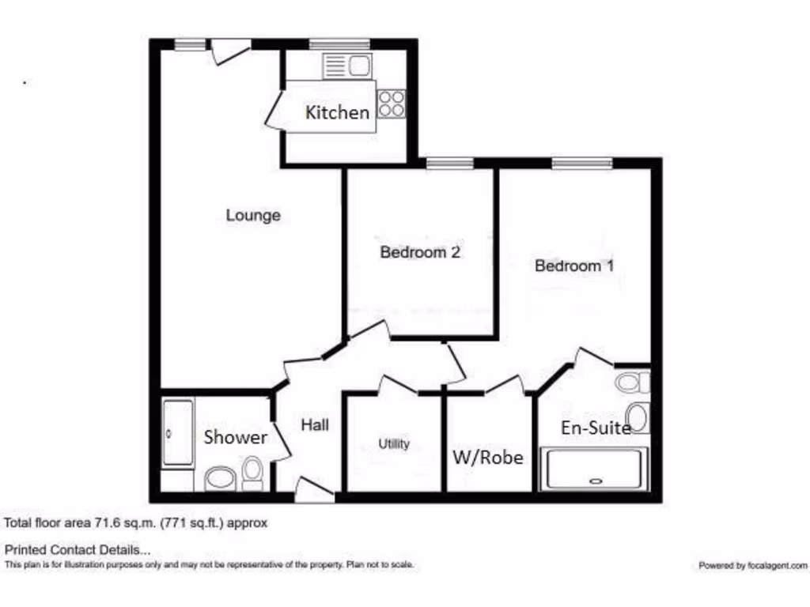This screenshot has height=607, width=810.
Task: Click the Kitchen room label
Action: [337, 112]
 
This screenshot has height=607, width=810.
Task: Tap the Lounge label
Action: [253, 215]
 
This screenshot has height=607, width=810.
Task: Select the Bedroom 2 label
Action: [420, 253]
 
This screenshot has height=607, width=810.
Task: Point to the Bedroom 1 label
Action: [574, 266]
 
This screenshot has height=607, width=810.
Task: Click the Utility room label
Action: [394, 444]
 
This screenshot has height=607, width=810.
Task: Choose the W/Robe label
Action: [488, 457]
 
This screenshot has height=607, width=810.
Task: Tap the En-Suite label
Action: [596, 428]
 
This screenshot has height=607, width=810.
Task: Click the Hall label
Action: [315, 425]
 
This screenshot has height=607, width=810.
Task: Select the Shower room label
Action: [235, 437]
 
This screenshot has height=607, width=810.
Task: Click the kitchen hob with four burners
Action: [391, 104]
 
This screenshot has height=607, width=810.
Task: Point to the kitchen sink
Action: [348, 66]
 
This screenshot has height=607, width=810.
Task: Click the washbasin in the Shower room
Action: [219, 478]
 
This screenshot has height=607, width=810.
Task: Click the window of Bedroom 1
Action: [581, 164]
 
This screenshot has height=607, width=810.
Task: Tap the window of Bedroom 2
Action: [449, 164]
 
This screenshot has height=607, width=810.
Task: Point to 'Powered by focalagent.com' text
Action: [752, 565]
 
